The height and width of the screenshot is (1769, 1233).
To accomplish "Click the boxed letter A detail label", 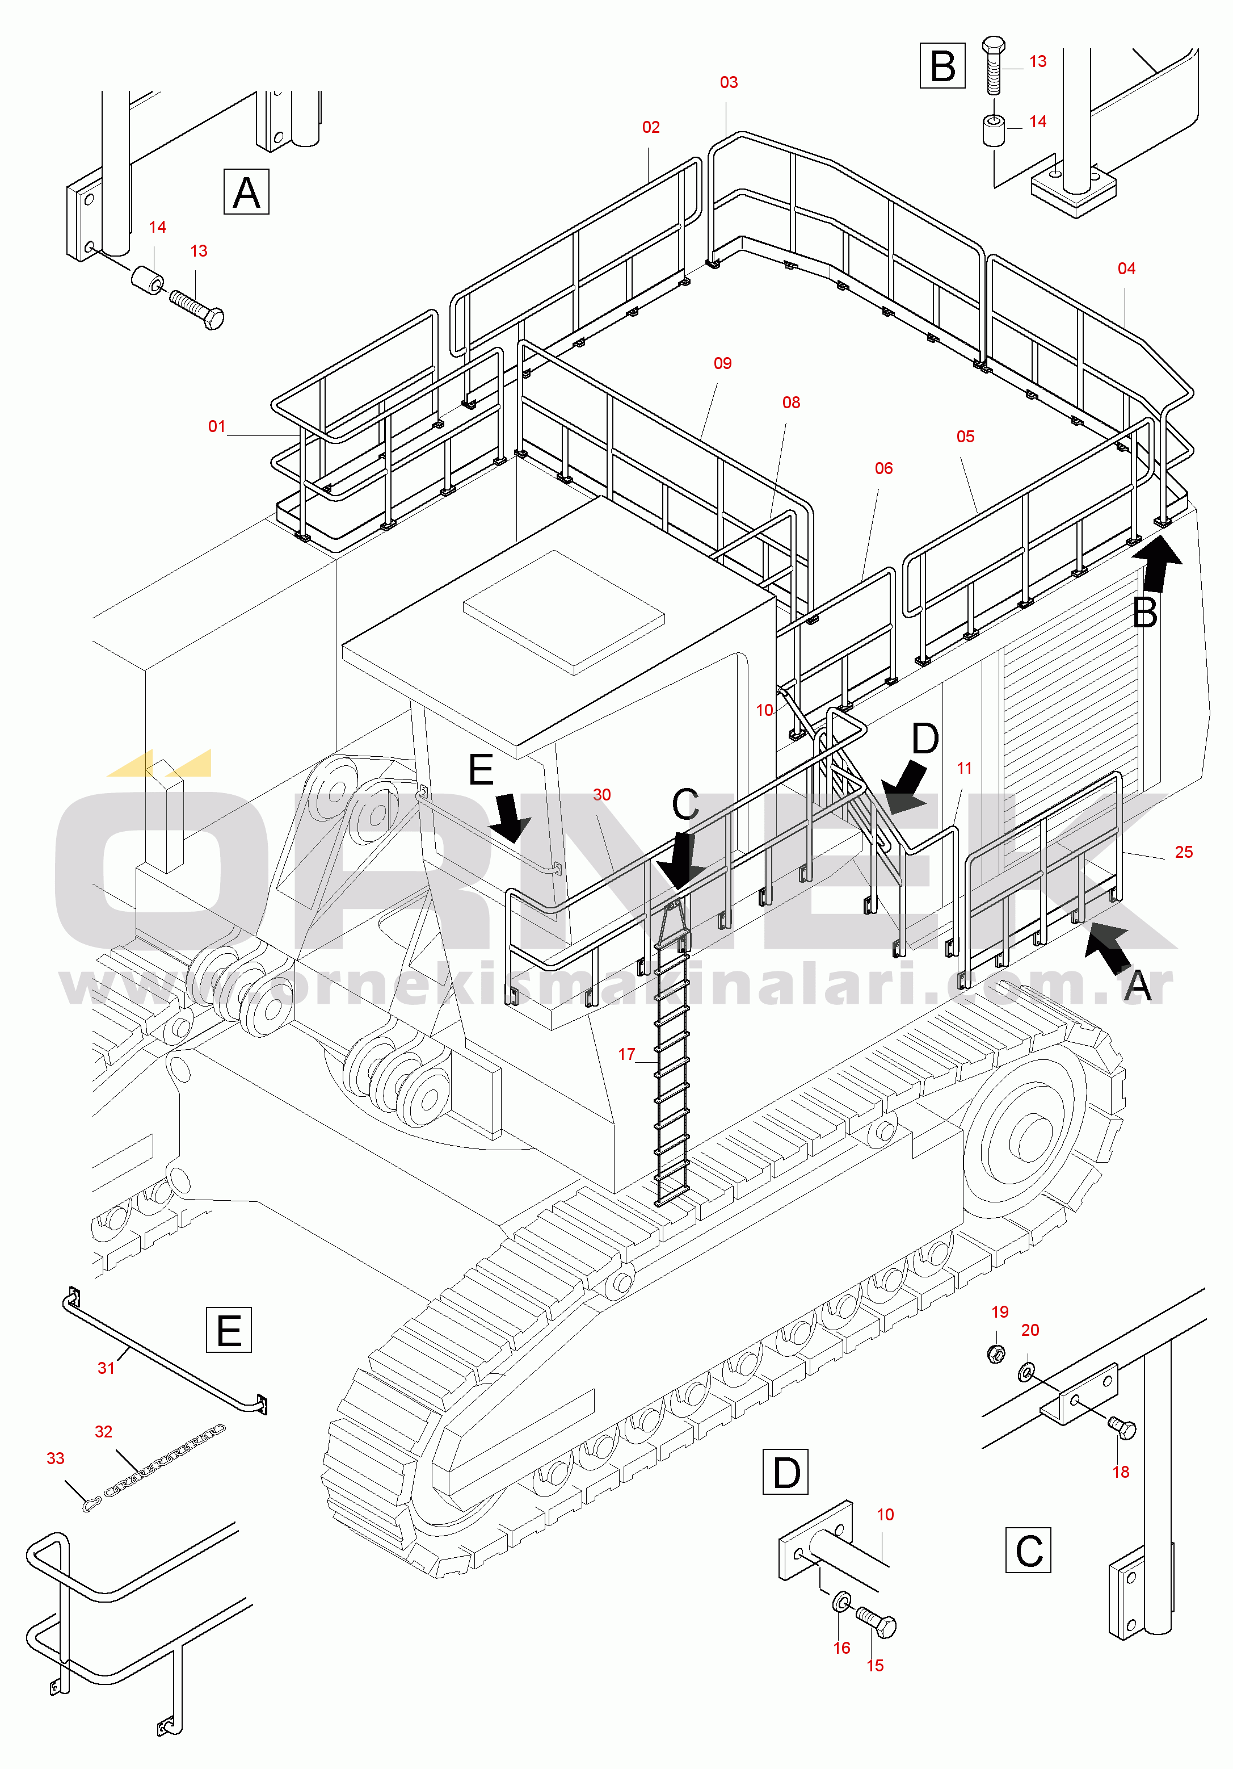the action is (x=246, y=192).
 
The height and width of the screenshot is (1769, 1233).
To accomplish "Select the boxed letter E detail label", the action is (x=229, y=1330).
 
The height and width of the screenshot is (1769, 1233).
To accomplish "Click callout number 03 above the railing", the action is (x=729, y=82).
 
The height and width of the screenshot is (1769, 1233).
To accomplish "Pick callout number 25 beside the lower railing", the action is (x=1184, y=852).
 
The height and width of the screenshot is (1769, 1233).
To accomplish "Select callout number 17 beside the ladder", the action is (x=627, y=1054).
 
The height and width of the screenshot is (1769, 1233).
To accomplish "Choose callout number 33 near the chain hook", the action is (x=56, y=1458).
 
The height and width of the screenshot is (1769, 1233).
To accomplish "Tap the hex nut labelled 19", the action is (x=996, y=1353).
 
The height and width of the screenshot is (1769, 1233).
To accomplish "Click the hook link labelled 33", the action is (x=92, y=1503).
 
